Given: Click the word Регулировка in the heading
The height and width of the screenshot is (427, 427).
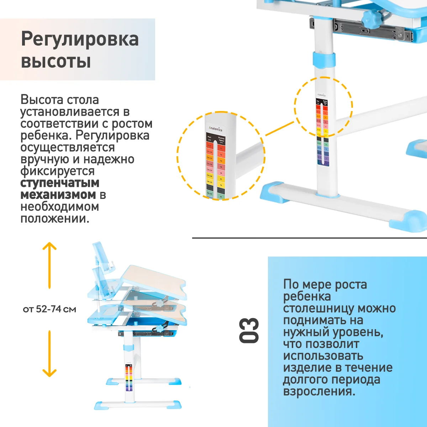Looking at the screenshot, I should (80, 39).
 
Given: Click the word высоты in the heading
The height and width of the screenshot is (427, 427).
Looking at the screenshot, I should (56, 61).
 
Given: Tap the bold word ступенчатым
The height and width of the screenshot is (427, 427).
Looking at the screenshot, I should (60, 183).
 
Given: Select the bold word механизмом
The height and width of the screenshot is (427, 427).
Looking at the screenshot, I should (58, 195).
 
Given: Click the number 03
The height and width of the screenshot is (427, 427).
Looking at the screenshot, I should (249, 331).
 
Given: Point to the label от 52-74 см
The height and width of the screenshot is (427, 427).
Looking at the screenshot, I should (49, 309).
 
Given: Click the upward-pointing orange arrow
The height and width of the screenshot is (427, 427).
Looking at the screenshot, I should (49, 265).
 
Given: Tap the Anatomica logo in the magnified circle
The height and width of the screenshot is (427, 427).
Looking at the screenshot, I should (215, 128).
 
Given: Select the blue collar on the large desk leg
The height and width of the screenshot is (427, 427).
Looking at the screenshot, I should (323, 59).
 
